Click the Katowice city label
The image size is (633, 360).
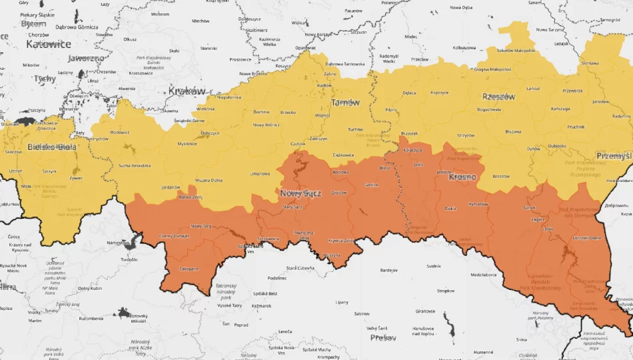pos(49,44)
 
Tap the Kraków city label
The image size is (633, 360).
pos(187,90)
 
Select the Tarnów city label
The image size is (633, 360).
pos(345,103)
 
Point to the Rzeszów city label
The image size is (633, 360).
pos(498,97)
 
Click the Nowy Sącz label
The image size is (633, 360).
pos(301,193)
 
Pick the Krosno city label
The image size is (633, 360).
pos(462,177)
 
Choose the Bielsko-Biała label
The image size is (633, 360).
pos(51,147)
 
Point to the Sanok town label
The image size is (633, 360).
pos(530,208)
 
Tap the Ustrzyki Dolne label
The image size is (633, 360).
pos(587,238)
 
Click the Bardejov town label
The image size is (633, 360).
pos(388,271)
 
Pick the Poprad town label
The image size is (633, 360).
pos(241,325)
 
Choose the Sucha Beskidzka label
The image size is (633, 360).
pos(135,165)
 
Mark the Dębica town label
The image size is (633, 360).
pos(409,93)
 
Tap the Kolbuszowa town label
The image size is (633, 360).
pos(464,48)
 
